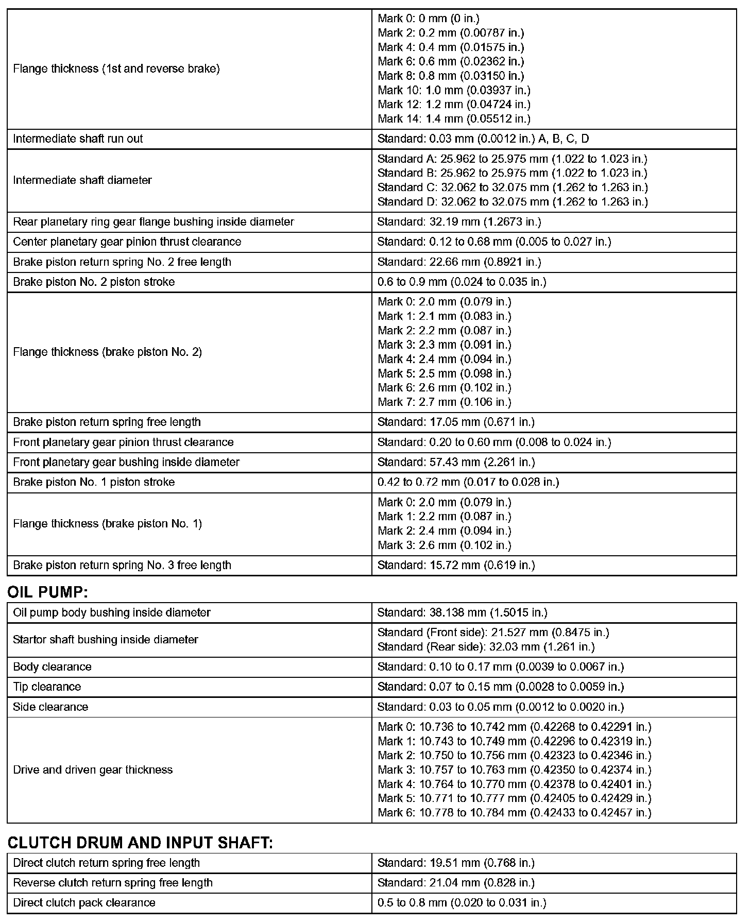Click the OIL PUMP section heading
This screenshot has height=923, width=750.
(48, 592)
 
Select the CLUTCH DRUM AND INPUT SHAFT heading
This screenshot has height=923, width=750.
(140, 843)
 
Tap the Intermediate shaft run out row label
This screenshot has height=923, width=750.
(78, 139)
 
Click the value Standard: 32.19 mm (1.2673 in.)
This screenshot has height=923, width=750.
(459, 222)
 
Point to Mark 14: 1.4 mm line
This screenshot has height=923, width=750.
(454, 118)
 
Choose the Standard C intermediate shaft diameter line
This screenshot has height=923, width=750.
(513, 187)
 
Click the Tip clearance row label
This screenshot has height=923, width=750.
(47, 687)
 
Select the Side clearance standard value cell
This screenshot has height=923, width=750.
(500, 707)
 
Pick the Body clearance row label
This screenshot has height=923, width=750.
(52, 666)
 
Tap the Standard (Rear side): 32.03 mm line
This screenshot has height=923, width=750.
(486, 646)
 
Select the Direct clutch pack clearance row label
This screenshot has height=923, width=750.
(84, 902)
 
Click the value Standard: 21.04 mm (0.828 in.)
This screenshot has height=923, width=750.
(456, 882)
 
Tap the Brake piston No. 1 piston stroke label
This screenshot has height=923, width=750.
(94, 482)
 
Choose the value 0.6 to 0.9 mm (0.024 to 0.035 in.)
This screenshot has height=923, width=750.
(462, 282)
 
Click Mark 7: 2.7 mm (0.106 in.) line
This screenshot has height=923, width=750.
(444, 402)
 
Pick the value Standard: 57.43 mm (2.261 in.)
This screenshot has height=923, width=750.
(456, 462)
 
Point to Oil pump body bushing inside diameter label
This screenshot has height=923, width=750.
(112, 612)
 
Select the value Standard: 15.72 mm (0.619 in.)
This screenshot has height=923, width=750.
(456, 565)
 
